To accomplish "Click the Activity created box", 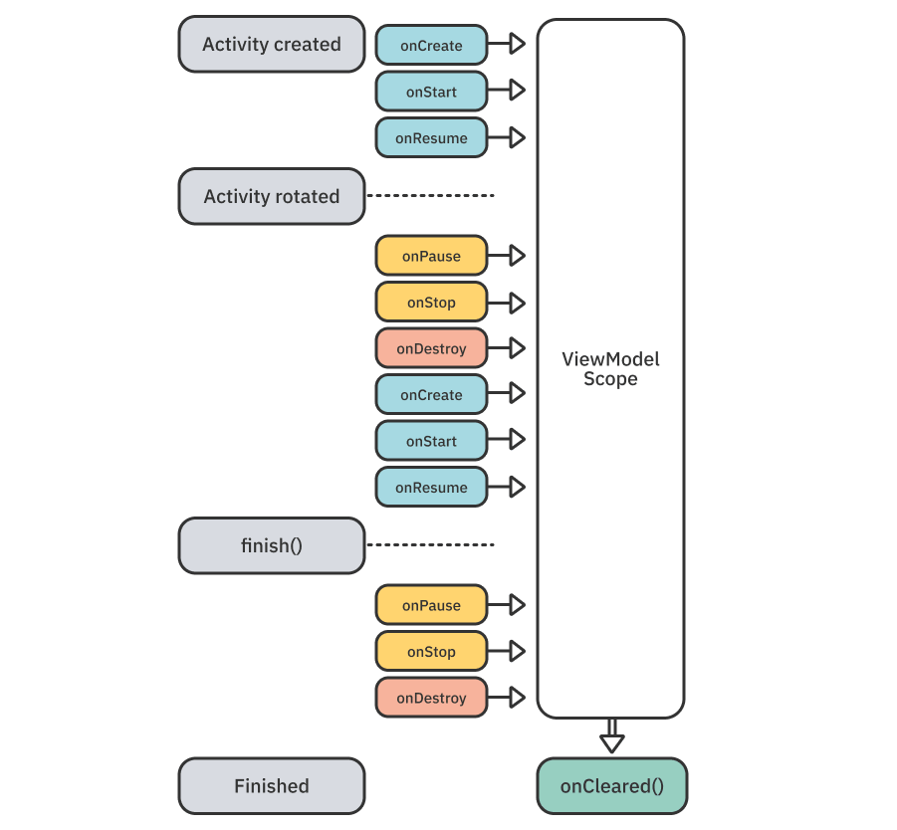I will click(272, 44).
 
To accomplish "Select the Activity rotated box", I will click(272, 196).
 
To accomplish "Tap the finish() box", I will click(272, 545).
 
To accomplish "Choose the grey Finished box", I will click(272, 786).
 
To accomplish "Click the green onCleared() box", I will click(611, 786).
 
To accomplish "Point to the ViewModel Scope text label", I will click(610, 369).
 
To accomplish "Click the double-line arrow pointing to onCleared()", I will click(611, 736).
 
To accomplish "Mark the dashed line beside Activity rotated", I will click(431, 196).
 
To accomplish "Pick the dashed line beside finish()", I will click(431, 545).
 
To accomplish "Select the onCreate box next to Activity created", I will click(431, 46).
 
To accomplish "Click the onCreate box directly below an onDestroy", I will click(431, 395).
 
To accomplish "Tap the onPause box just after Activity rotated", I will click(431, 256).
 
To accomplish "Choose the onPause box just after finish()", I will click(431, 605).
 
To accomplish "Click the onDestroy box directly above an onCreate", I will click(431, 348).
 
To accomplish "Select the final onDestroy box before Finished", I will click(431, 698).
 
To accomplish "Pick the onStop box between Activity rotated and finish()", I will click(431, 303).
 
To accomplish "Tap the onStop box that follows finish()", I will click(431, 652).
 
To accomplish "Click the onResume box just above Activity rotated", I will click(431, 138).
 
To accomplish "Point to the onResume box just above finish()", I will click(431, 488).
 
